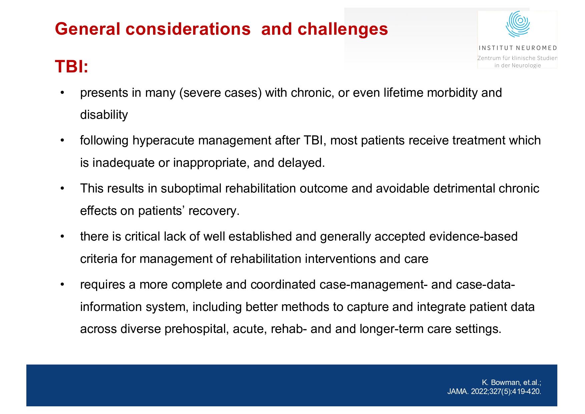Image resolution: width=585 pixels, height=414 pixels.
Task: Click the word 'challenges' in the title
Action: [343, 29]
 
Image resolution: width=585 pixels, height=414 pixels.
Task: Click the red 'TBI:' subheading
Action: [72, 66]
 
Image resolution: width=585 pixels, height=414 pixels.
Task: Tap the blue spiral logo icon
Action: [518, 24]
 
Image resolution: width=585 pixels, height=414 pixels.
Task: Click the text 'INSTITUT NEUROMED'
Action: [518, 48]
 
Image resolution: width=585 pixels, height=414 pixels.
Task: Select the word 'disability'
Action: [104, 115]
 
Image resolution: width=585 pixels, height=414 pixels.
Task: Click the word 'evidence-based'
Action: [473, 237]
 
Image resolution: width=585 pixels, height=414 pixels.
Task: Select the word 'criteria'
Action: [99, 259]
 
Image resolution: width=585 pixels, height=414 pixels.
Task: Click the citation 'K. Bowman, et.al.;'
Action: [511, 382]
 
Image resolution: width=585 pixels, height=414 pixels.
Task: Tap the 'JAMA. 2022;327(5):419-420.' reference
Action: [494, 391]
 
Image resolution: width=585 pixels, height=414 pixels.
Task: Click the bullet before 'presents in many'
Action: [62, 93]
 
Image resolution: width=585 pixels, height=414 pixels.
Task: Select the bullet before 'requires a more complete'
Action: [62, 285]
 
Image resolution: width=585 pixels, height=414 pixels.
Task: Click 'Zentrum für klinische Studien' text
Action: [517, 58]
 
